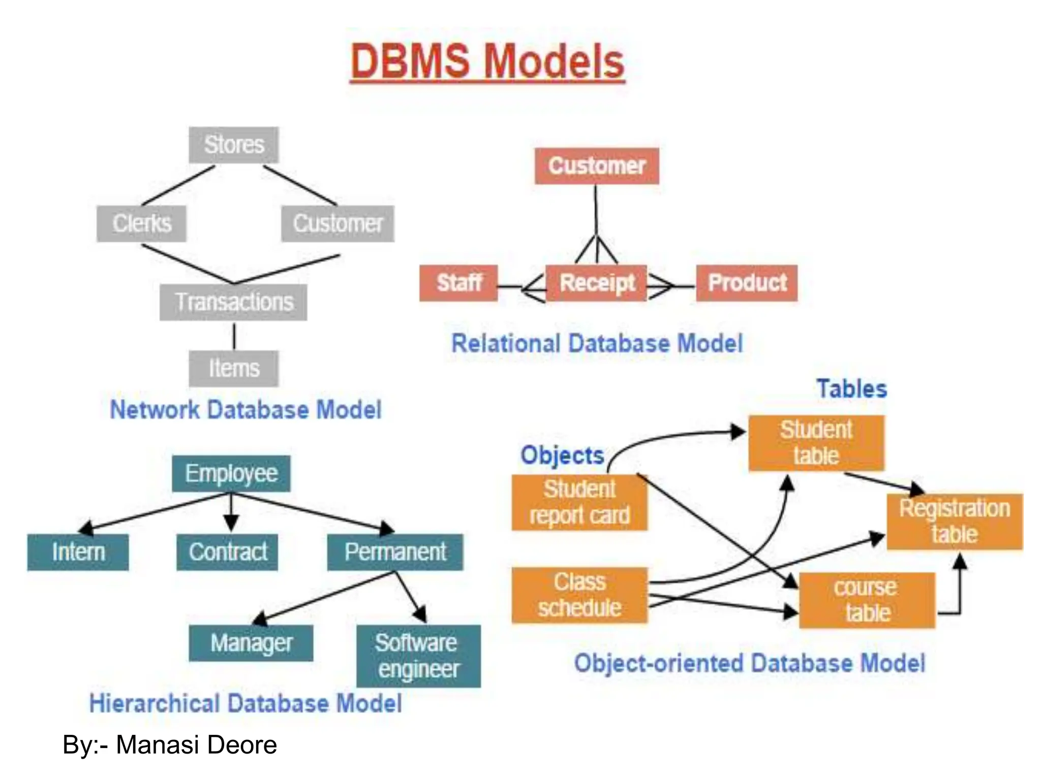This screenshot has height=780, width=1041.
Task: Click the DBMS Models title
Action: [x=487, y=61]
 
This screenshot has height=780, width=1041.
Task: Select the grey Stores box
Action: [x=234, y=145]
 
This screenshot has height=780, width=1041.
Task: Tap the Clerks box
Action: [x=142, y=223]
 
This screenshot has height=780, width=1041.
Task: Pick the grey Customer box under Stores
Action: [x=338, y=223]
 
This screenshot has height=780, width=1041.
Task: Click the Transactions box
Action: [x=233, y=302]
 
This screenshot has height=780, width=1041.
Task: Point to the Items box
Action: [x=234, y=369]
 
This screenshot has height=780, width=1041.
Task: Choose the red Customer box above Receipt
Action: [x=597, y=166]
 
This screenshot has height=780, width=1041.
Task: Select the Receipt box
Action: [x=596, y=283]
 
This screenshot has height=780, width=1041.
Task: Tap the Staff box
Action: [x=458, y=283]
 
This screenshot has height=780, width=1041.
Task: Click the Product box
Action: [x=747, y=283]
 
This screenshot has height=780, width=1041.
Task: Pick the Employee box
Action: [x=231, y=474]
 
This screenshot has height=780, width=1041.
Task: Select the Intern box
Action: [x=78, y=552]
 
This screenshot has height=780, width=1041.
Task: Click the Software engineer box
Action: [x=418, y=656]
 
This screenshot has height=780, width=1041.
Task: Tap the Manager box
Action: [x=251, y=643]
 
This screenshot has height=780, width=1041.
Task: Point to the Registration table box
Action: [x=955, y=522]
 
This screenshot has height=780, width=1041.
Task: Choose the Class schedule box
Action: [x=579, y=595]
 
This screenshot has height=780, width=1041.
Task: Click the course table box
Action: [x=867, y=600]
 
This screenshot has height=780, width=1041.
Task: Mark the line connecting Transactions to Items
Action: [x=234, y=336]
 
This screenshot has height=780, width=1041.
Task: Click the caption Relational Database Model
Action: [x=597, y=344]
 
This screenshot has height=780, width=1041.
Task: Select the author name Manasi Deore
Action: [x=196, y=745]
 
